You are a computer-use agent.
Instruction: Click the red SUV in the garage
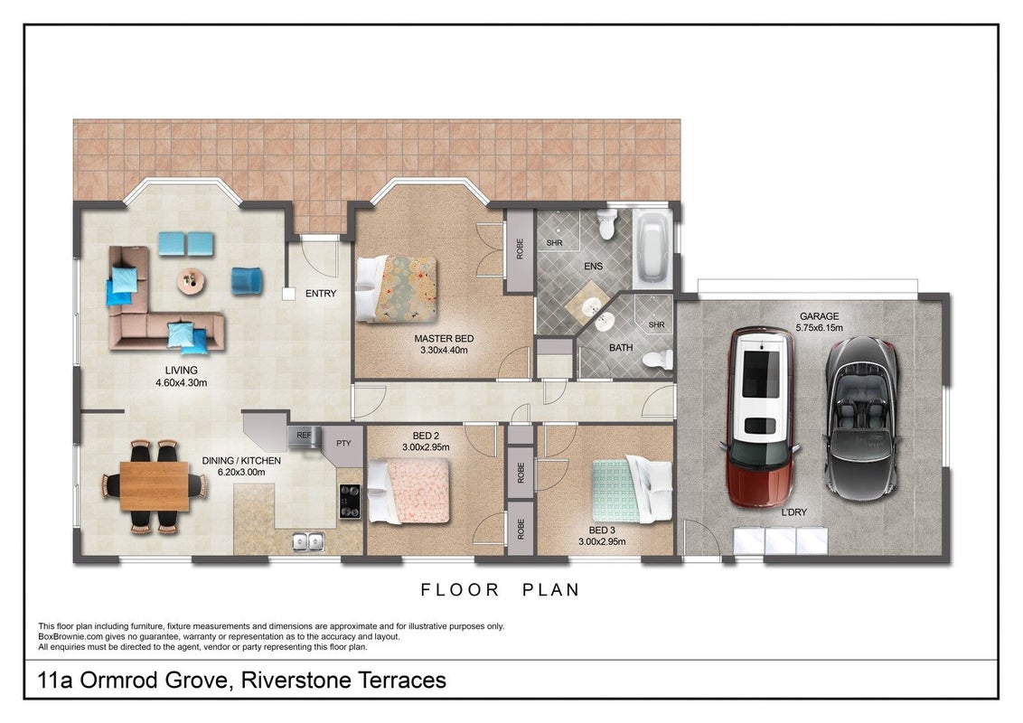761,418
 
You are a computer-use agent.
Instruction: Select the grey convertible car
862,418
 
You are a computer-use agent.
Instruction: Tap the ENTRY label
321,294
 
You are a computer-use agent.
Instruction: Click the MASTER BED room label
444,339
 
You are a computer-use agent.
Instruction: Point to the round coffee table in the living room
192,281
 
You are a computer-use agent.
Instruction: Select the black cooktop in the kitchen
350,502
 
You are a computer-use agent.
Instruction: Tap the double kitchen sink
308,541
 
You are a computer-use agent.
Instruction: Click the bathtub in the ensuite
652,249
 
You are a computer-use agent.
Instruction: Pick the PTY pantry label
343,443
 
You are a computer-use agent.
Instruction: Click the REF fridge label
304,435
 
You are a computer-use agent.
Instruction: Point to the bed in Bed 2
409,490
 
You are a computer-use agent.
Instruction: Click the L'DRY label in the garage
794,512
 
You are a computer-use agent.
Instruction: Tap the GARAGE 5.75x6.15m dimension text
820,327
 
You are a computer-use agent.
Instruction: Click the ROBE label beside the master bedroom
520,249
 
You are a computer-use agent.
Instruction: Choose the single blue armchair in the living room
248,280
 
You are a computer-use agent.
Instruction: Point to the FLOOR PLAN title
500,590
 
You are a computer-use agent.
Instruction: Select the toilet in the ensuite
606,224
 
